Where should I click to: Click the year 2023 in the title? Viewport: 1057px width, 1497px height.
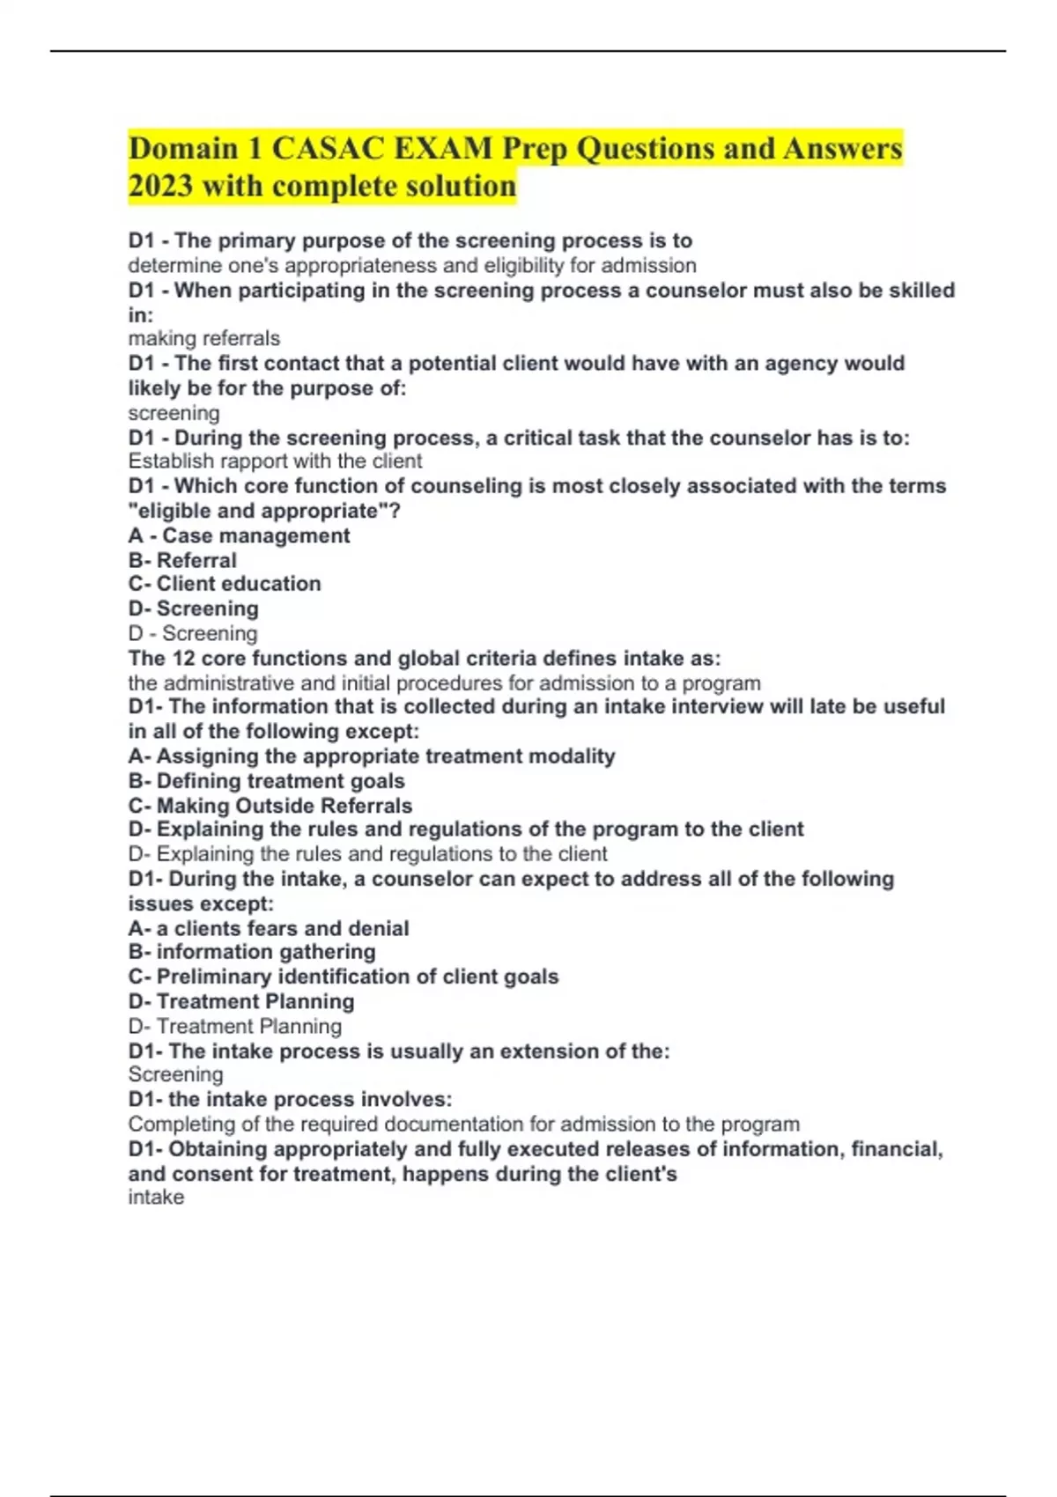click(x=160, y=187)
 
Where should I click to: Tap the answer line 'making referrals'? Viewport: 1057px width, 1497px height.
click(x=203, y=338)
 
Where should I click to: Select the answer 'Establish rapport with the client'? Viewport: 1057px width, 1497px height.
click(x=275, y=461)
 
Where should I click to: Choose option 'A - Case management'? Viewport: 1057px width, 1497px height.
click(x=239, y=535)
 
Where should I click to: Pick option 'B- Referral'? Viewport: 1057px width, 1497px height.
click(x=182, y=560)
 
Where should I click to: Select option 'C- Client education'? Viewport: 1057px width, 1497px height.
click(x=225, y=584)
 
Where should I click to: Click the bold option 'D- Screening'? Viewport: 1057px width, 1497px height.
click(x=194, y=608)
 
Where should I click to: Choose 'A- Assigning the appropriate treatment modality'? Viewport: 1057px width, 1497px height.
click(x=371, y=756)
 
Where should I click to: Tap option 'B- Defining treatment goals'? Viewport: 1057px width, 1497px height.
click(x=266, y=780)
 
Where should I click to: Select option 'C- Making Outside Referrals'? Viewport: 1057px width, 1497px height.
click(x=270, y=805)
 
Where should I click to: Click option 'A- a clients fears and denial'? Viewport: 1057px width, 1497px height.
click(x=268, y=928)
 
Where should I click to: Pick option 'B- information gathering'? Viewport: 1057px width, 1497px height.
click(x=252, y=952)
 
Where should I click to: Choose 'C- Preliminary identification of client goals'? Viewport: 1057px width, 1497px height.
click(x=344, y=977)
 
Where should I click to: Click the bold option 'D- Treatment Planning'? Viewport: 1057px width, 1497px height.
click(x=241, y=1001)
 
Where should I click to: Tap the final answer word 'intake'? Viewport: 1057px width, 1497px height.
click(x=156, y=1198)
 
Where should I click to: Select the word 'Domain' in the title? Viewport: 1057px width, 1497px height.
click(x=183, y=148)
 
